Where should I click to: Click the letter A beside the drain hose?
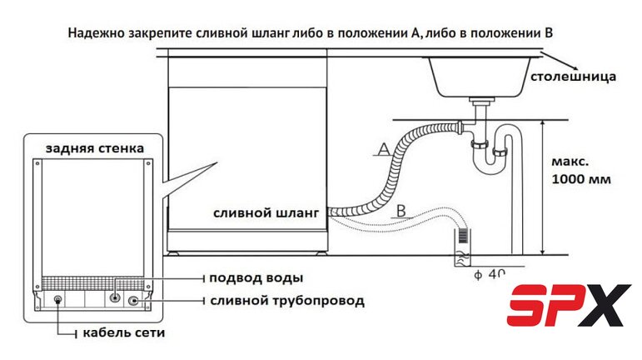(x=383, y=149)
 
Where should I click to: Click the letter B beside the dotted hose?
(x=401, y=211)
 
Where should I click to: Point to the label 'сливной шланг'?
(x=266, y=213)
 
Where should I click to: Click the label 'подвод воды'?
(x=256, y=277)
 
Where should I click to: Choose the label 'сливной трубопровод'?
(x=283, y=300)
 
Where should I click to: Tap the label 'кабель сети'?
(x=124, y=333)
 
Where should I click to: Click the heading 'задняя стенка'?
(x=94, y=148)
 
